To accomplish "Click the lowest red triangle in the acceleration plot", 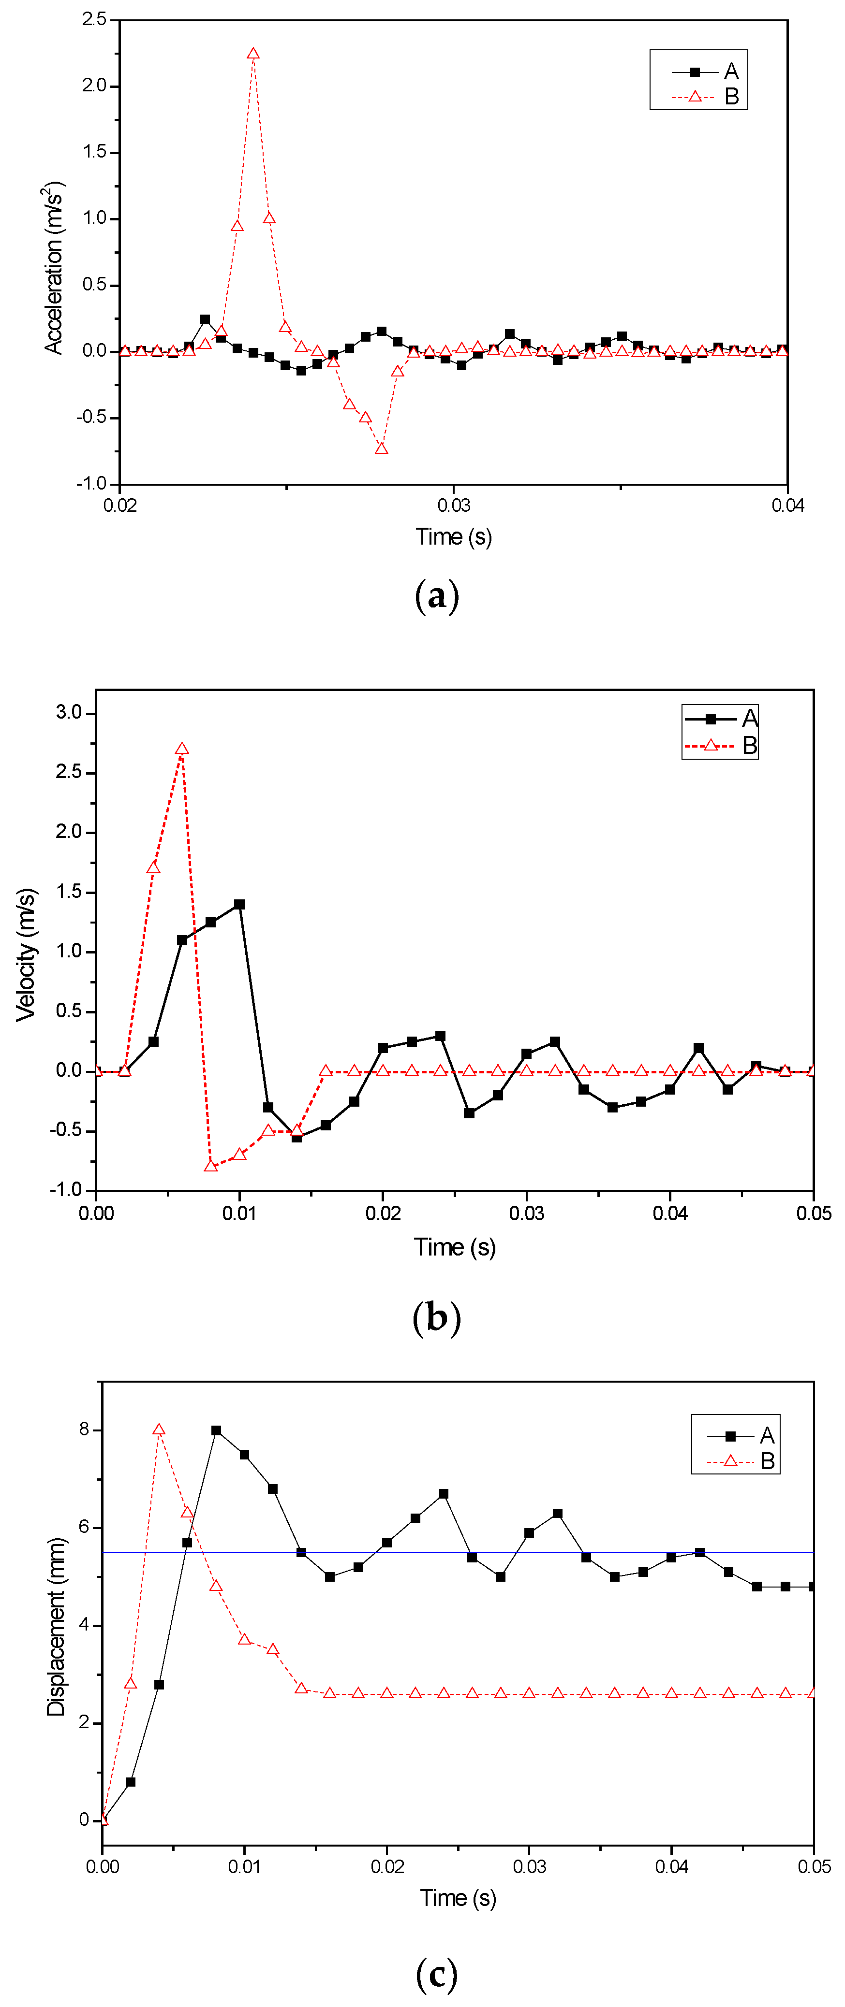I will pyautogui.click(x=381, y=449).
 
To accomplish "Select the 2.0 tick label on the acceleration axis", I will pyautogui.click(x=94, y=86).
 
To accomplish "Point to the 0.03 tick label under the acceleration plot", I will pyautogui.click(x=454, y=505).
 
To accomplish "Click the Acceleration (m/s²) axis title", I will pyautogui.click(x=54, y=268).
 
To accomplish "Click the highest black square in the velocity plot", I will pyautogui.click(x=239, y=905).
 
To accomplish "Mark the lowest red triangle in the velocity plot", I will pyautogui.click(x=210, y=1166).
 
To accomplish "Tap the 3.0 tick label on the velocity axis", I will pyautogui.click(x=69, y=713).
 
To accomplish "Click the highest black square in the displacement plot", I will pyautogui.click(x=216, y=1430).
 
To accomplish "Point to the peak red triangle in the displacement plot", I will pyautogui.click(x=159, y=1429).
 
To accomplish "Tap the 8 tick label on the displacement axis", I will pyautogui.click(x=84, y=1429).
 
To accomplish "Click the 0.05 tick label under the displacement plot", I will pyautogui.click(x=814, y=1867).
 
